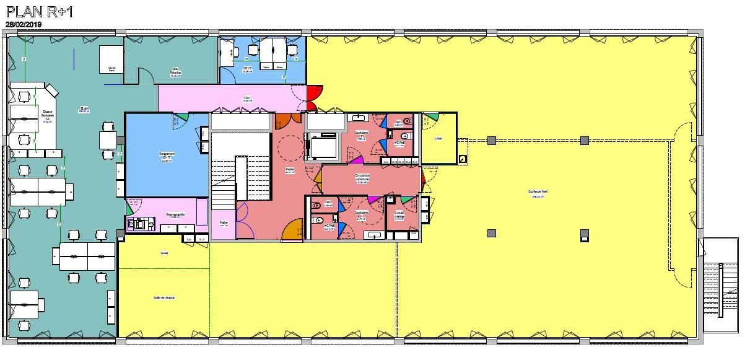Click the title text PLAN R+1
pyautogui.click(x=39, y=12)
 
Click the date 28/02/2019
pyautogui.click(x=24, y=24)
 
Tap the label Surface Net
pyautogui.click(x=538, y=191)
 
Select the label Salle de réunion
pyautogui.click(x=164, y=297)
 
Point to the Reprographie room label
pyautogui.click(x=175, y=215)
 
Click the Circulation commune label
pyautogui.click(x=362, y=177)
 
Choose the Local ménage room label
pyautogui.click(x=399, y=214)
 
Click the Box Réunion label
pyautogui.click(x=175, y=71)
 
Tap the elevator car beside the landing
pyautogui.click(x=322, y=147)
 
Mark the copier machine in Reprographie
pyautogui.click(x=139, y=223)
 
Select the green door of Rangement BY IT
pyautogui.click(x=181, y=117)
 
